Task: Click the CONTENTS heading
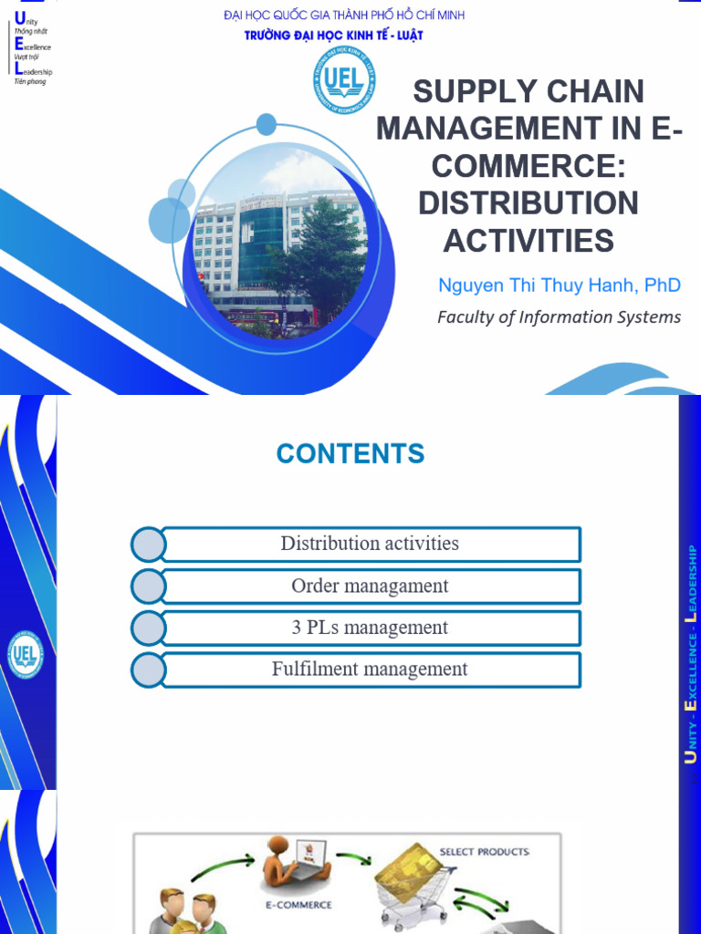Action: pyautogui.click(x=350, y=453)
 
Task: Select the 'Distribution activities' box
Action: pyautogui.click(x=370, y=544)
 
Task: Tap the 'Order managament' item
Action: pyautogui.click(x=370, y=586)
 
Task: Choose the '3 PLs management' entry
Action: pyautogui.click(x=370, y=628)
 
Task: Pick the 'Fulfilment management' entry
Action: pyautogui.click(x=370, y=669)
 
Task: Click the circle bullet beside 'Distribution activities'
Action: pyautogui.click(x=148, y=545)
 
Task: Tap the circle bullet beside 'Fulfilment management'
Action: pyautogui.click(x=148, y=670)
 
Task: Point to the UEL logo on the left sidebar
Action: pyautogui.click(x=25, y=654)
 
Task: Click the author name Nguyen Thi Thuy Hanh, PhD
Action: pyautogui.click(x=559, y=285)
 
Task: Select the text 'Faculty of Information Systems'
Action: pyautogui.click(x=559, y=317)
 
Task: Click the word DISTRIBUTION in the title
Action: pyautogui.click(x=528, y=203)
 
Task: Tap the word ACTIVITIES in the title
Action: pyautogui.click(x=528, y=241)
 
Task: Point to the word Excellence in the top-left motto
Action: pyautogui.click(x=33, y=47)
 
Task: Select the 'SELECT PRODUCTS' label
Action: pyautogui.click(x=484, y=852)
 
